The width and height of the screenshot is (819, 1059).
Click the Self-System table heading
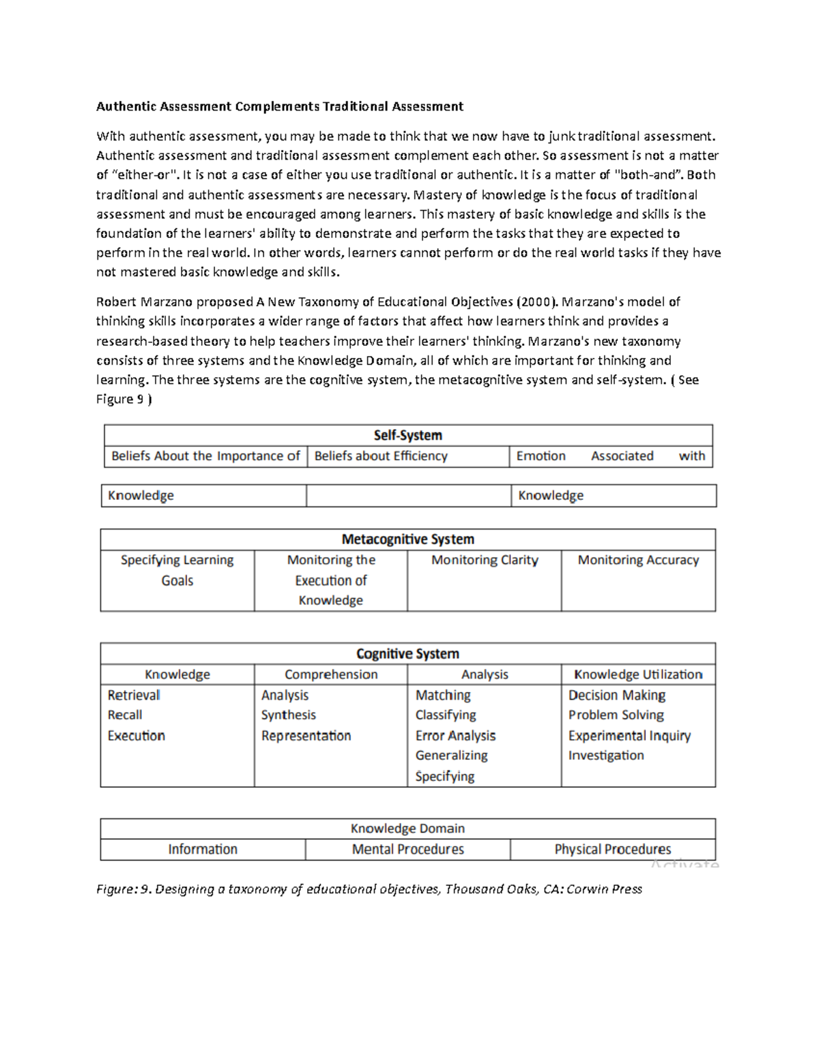click(407, 435)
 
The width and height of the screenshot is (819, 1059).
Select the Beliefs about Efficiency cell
click(380, 456)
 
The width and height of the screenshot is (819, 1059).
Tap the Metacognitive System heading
click(407, 539)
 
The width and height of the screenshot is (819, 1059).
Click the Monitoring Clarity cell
click(485, 560)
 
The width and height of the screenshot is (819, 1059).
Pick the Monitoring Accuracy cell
click(638, 560)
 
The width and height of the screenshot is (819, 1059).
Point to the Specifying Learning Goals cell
click(177, 570)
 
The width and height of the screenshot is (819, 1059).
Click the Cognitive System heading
click(407, 654)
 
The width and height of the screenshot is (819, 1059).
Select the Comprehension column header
click(331, 674)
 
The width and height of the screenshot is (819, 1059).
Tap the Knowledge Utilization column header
click(638, 674)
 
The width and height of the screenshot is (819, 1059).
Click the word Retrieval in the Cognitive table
click(134, 695)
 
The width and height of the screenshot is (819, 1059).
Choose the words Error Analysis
click(455, 736)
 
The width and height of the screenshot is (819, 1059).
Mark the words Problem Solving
click(616, 715)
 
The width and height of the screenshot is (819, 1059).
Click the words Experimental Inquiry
click(629, 736)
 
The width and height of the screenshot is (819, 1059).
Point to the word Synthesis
click(288, 715)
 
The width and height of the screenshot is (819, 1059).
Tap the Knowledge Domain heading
click(407, 829)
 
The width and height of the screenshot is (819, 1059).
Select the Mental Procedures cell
click(407, 850)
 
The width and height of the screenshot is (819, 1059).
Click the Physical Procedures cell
click(612, 850)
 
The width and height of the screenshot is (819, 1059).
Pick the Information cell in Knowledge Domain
click(203, 850)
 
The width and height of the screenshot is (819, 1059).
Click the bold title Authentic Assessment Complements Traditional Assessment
click(279, 106)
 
